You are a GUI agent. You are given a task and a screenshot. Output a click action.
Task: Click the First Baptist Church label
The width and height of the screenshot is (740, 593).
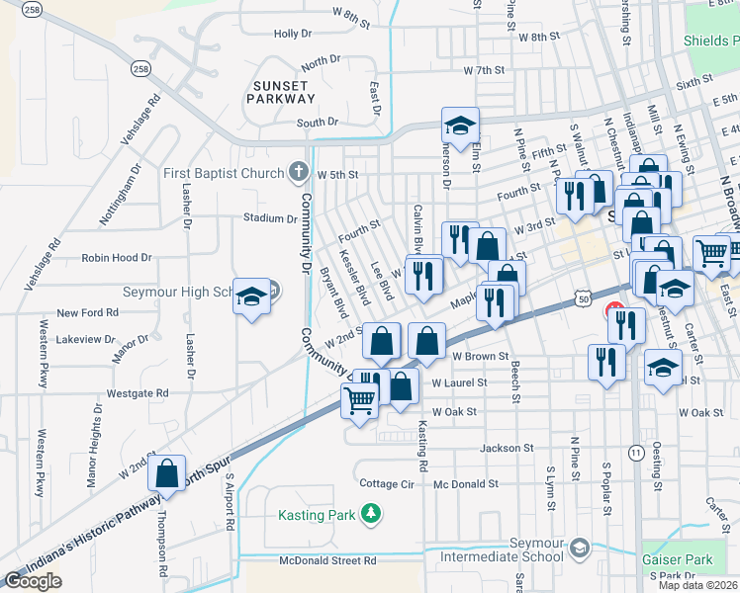[x=224, y=173]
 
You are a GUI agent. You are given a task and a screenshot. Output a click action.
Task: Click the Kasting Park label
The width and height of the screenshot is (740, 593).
[x=314, y=514]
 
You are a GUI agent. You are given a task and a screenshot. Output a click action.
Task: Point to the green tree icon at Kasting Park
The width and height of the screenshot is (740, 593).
[x=370, y=513]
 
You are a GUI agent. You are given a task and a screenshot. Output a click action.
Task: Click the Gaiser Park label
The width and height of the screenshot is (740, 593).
[x=677, y=559]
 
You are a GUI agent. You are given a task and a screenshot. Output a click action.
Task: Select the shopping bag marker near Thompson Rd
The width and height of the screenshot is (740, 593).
[x=166, y=473]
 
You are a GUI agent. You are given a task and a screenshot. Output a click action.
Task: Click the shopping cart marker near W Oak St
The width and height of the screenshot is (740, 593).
[x=359, y=400]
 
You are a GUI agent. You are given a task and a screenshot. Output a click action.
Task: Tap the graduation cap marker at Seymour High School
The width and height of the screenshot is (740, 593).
[x=251, y=296]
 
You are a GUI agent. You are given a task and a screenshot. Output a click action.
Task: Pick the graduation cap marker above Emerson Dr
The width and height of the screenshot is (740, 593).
[x=460, y=125]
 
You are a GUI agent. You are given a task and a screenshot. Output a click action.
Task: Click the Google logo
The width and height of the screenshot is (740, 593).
[x=33, y=581]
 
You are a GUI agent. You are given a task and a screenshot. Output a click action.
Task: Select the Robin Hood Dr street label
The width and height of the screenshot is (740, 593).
[x=117, y=257]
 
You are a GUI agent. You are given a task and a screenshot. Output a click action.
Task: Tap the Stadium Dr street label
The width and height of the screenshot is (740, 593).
[x=270, y=217]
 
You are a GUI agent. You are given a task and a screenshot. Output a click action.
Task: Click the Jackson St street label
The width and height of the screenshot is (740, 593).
[x=507, y=448]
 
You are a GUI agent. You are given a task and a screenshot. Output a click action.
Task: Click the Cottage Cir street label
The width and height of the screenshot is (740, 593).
[x=386, y=484]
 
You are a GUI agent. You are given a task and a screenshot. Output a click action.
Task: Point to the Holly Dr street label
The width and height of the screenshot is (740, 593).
[x=293, y=34]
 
